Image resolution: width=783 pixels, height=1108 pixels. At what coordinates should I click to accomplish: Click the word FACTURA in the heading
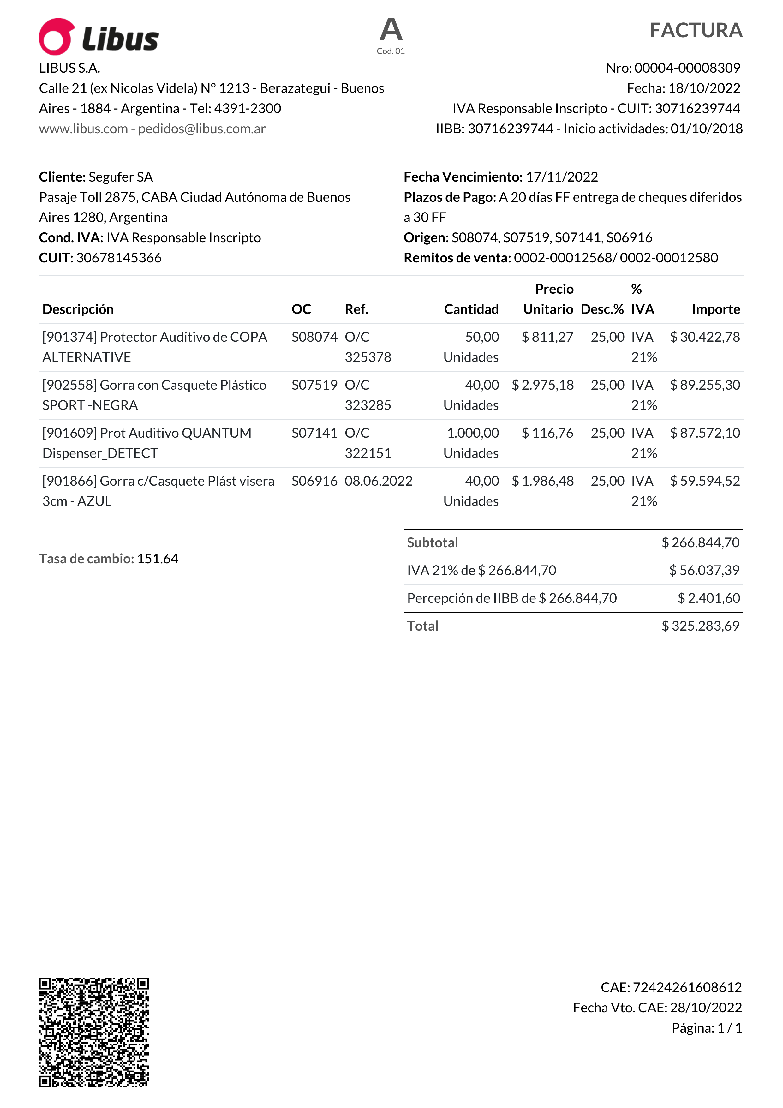click(x=695, y=30)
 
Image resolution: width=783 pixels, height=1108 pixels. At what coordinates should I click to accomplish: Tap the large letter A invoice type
click(x=391, y=30)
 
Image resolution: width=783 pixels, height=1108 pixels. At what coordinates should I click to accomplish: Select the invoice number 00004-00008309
click(x=687, y=68)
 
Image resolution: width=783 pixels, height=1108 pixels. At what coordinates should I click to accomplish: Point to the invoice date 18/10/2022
click(x=704, y=88)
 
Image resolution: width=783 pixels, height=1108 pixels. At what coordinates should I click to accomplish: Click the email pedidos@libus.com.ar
click(x=202, y=129)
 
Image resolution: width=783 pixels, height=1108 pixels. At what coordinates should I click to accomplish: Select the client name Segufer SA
click(x=121, y=177)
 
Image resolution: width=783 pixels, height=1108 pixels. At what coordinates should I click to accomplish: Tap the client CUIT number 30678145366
click(x=119, y=258)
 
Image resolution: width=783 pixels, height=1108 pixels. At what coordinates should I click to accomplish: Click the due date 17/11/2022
click(x=562, y=177)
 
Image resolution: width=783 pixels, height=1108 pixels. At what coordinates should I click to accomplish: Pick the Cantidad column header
click(x=471, y=309)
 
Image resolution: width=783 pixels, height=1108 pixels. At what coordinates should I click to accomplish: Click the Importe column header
click(x=715, y=309)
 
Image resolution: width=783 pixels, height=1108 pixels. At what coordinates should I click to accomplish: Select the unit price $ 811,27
click(x=547, y=337)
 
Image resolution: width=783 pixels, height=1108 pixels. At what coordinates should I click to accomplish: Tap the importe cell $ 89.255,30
click(x=705, y=385)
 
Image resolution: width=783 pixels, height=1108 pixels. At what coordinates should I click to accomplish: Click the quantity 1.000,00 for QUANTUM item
click(x=473, y=433)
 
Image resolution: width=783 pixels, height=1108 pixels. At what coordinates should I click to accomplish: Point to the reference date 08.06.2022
click(x=378, y=481)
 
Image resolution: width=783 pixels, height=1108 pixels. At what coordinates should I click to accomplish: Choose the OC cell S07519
click(x=314, y=385)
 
